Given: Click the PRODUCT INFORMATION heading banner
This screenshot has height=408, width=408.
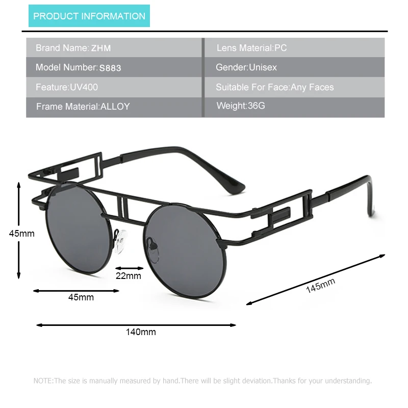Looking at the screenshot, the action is [89, 16].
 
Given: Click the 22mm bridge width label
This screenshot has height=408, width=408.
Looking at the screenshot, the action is [128, 276].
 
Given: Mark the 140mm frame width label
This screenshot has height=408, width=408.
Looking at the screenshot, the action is [141, 332].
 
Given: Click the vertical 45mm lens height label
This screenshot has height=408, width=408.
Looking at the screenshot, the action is [22, 234].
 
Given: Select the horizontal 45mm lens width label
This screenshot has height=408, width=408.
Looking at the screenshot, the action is [81, 297].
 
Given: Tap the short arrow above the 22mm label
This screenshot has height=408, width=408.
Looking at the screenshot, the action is [130, 267].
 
